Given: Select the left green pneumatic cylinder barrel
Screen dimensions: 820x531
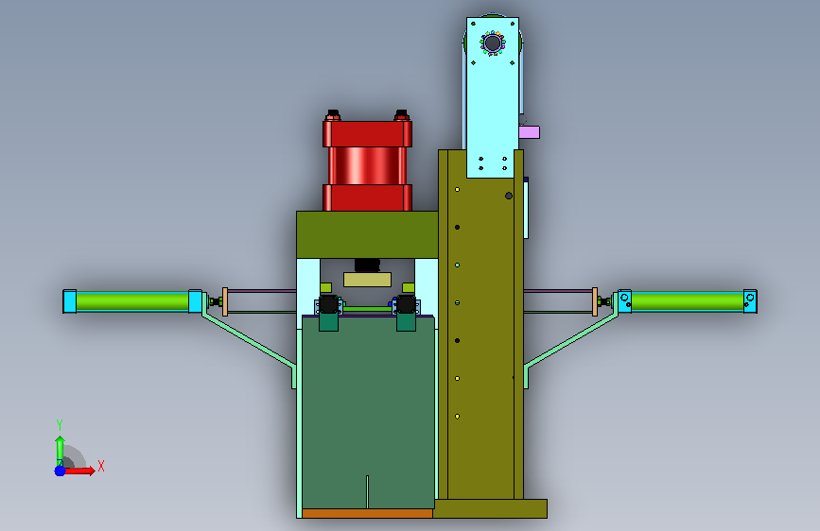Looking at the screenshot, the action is point(132,301).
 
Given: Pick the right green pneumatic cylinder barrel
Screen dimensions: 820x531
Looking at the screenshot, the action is point(688,301).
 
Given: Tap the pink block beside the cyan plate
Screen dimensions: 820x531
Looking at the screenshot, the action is point(530,132).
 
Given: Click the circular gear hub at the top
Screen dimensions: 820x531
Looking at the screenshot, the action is point(493,43).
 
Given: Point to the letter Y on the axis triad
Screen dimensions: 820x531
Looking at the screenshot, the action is point(60,424).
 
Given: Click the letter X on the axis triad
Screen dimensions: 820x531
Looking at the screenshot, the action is point(101,466).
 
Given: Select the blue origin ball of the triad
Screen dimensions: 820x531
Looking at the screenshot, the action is point(61,471).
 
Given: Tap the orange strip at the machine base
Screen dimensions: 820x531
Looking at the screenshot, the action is point(367,513).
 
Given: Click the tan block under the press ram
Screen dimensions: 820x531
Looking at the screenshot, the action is point(367,280).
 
